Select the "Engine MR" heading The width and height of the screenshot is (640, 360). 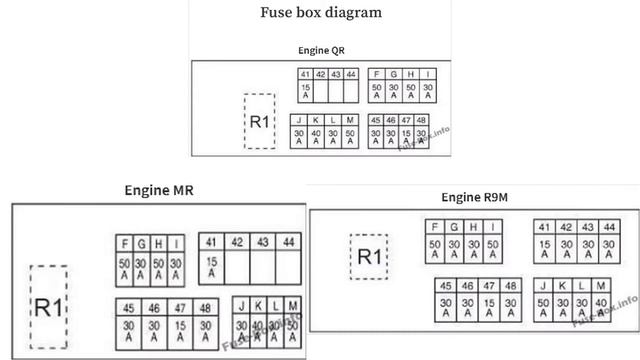pos(159,190)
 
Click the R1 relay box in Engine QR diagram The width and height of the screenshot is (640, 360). pos(260,122)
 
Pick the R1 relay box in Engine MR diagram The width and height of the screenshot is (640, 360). pos(49,306)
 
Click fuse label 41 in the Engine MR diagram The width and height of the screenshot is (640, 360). pos(211,242)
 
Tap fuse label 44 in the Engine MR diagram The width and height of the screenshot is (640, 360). pos(289,242)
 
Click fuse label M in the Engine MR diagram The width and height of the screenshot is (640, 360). pos(293,305)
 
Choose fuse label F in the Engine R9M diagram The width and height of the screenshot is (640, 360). pos(435,227)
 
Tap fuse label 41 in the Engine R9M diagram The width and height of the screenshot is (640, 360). pos(544,227)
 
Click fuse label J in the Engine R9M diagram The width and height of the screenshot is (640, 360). pos(544,286)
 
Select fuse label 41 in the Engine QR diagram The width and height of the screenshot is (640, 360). pos(306,74)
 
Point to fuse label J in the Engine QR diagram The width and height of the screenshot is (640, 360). pos(298,120)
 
